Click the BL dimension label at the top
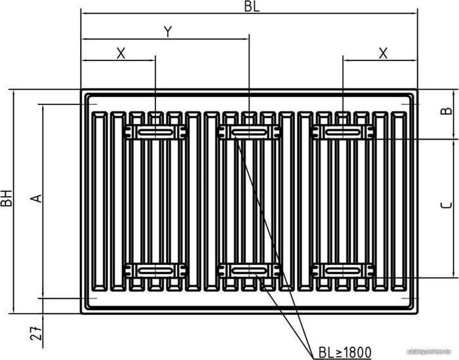point(252,7)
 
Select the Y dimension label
point(168,32)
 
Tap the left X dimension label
point(121,54)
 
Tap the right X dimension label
point(383,54)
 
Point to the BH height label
point(7,198)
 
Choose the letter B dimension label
point(446,111)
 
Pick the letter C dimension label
point(446,205)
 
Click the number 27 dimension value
point(36,333)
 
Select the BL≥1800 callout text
point(345,352)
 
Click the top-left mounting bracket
point(155,132)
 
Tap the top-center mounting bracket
point(249,132)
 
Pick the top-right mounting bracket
point(343,132)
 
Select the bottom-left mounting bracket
point(155,270)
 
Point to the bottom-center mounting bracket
point(249,270)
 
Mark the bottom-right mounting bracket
point(343,270)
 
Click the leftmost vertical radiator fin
point(100,201)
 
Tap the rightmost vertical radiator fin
point(399,201)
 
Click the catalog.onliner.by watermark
point(433,351)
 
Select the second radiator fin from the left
point(118,201)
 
